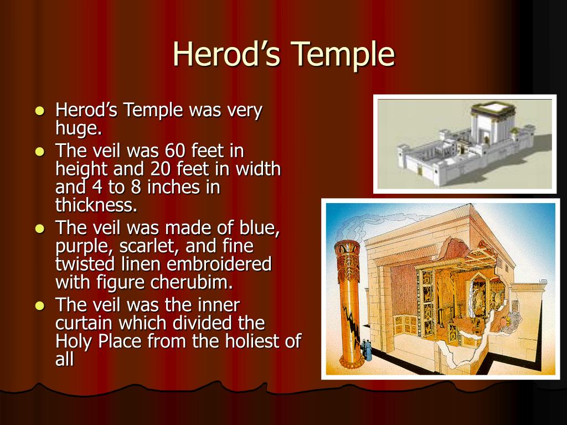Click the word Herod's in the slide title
point(226,54)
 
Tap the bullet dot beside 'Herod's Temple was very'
point(40,110)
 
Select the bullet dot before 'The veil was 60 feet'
point(40,151)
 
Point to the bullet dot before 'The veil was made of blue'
point(40,229)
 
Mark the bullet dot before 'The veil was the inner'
point(40,305)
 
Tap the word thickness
point(96,205)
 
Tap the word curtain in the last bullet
point(84,323)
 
